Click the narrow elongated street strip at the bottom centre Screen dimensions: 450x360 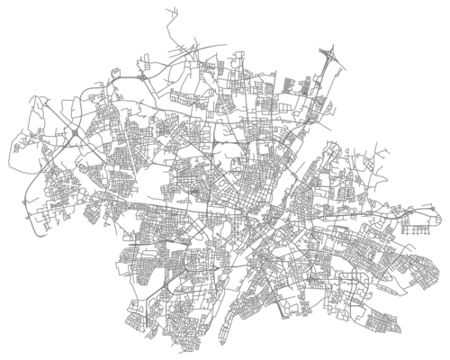[236, 310]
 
